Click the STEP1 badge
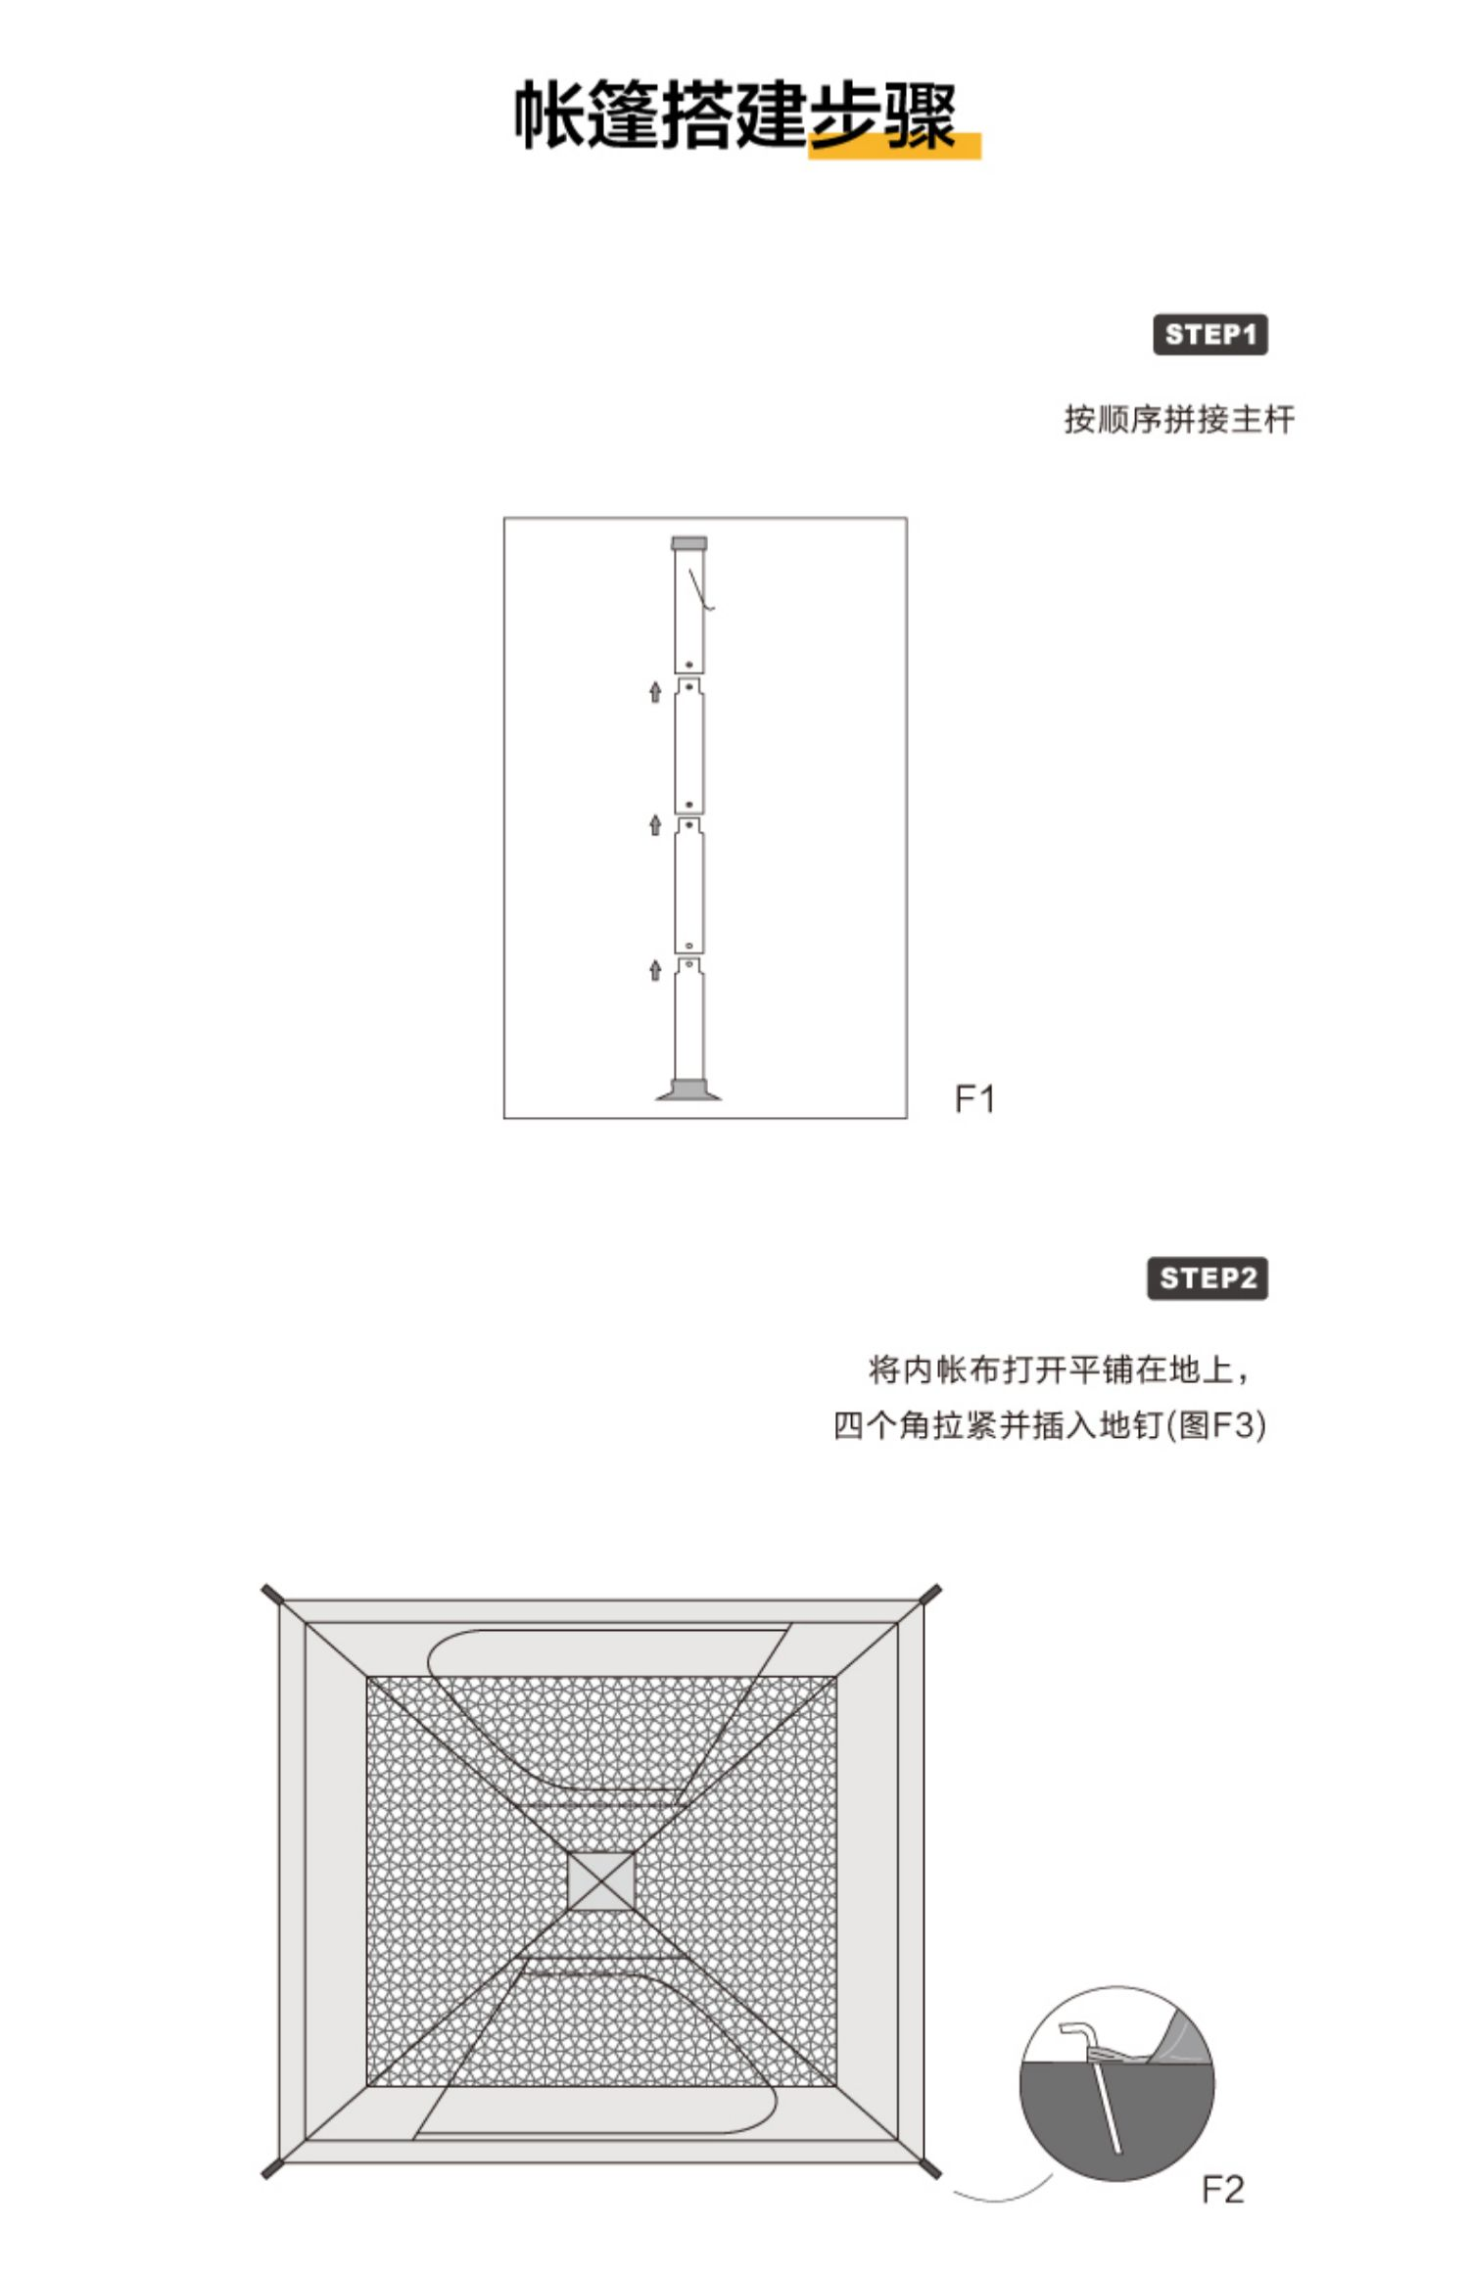click(x=1209, y=335)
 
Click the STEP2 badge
click(x=1208, y=1278)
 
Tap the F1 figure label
click(x=974, y=1099)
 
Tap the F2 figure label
click(x=1222, y=2189)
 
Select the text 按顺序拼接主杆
click(x=1179, y=420)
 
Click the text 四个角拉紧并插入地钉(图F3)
click(x=1050, y=1424)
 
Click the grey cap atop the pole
click(x=688, y=543)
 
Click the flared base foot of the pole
click(x=688, y=1090)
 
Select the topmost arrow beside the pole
click(x=655, y=693)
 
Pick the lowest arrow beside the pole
click(x=655, y=970)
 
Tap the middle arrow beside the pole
click(x=655, y=825)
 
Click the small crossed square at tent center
click(x=601, y=1881)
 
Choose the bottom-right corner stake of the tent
click(x=929, y=2167)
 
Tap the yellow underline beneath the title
click(x=895, y=145)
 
